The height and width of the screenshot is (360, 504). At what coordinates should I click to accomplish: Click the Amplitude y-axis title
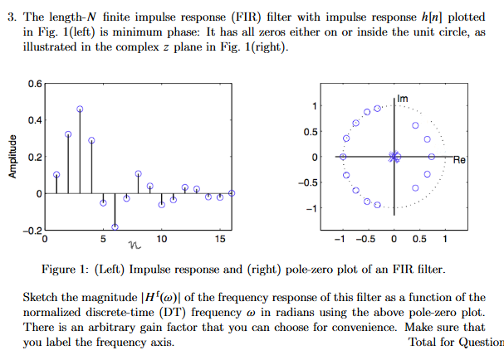[12, 156]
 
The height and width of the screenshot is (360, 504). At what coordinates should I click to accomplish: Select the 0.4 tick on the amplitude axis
[34, 120]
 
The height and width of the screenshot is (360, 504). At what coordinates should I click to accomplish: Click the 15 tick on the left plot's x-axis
[219, 240]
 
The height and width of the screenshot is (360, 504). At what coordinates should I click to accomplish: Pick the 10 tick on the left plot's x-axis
[161, 240]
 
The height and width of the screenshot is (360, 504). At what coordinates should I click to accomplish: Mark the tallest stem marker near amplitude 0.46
[80, 109]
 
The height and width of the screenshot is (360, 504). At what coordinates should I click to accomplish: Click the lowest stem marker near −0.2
[115, 226]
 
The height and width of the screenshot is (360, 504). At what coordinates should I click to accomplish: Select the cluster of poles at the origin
[394, 156]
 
